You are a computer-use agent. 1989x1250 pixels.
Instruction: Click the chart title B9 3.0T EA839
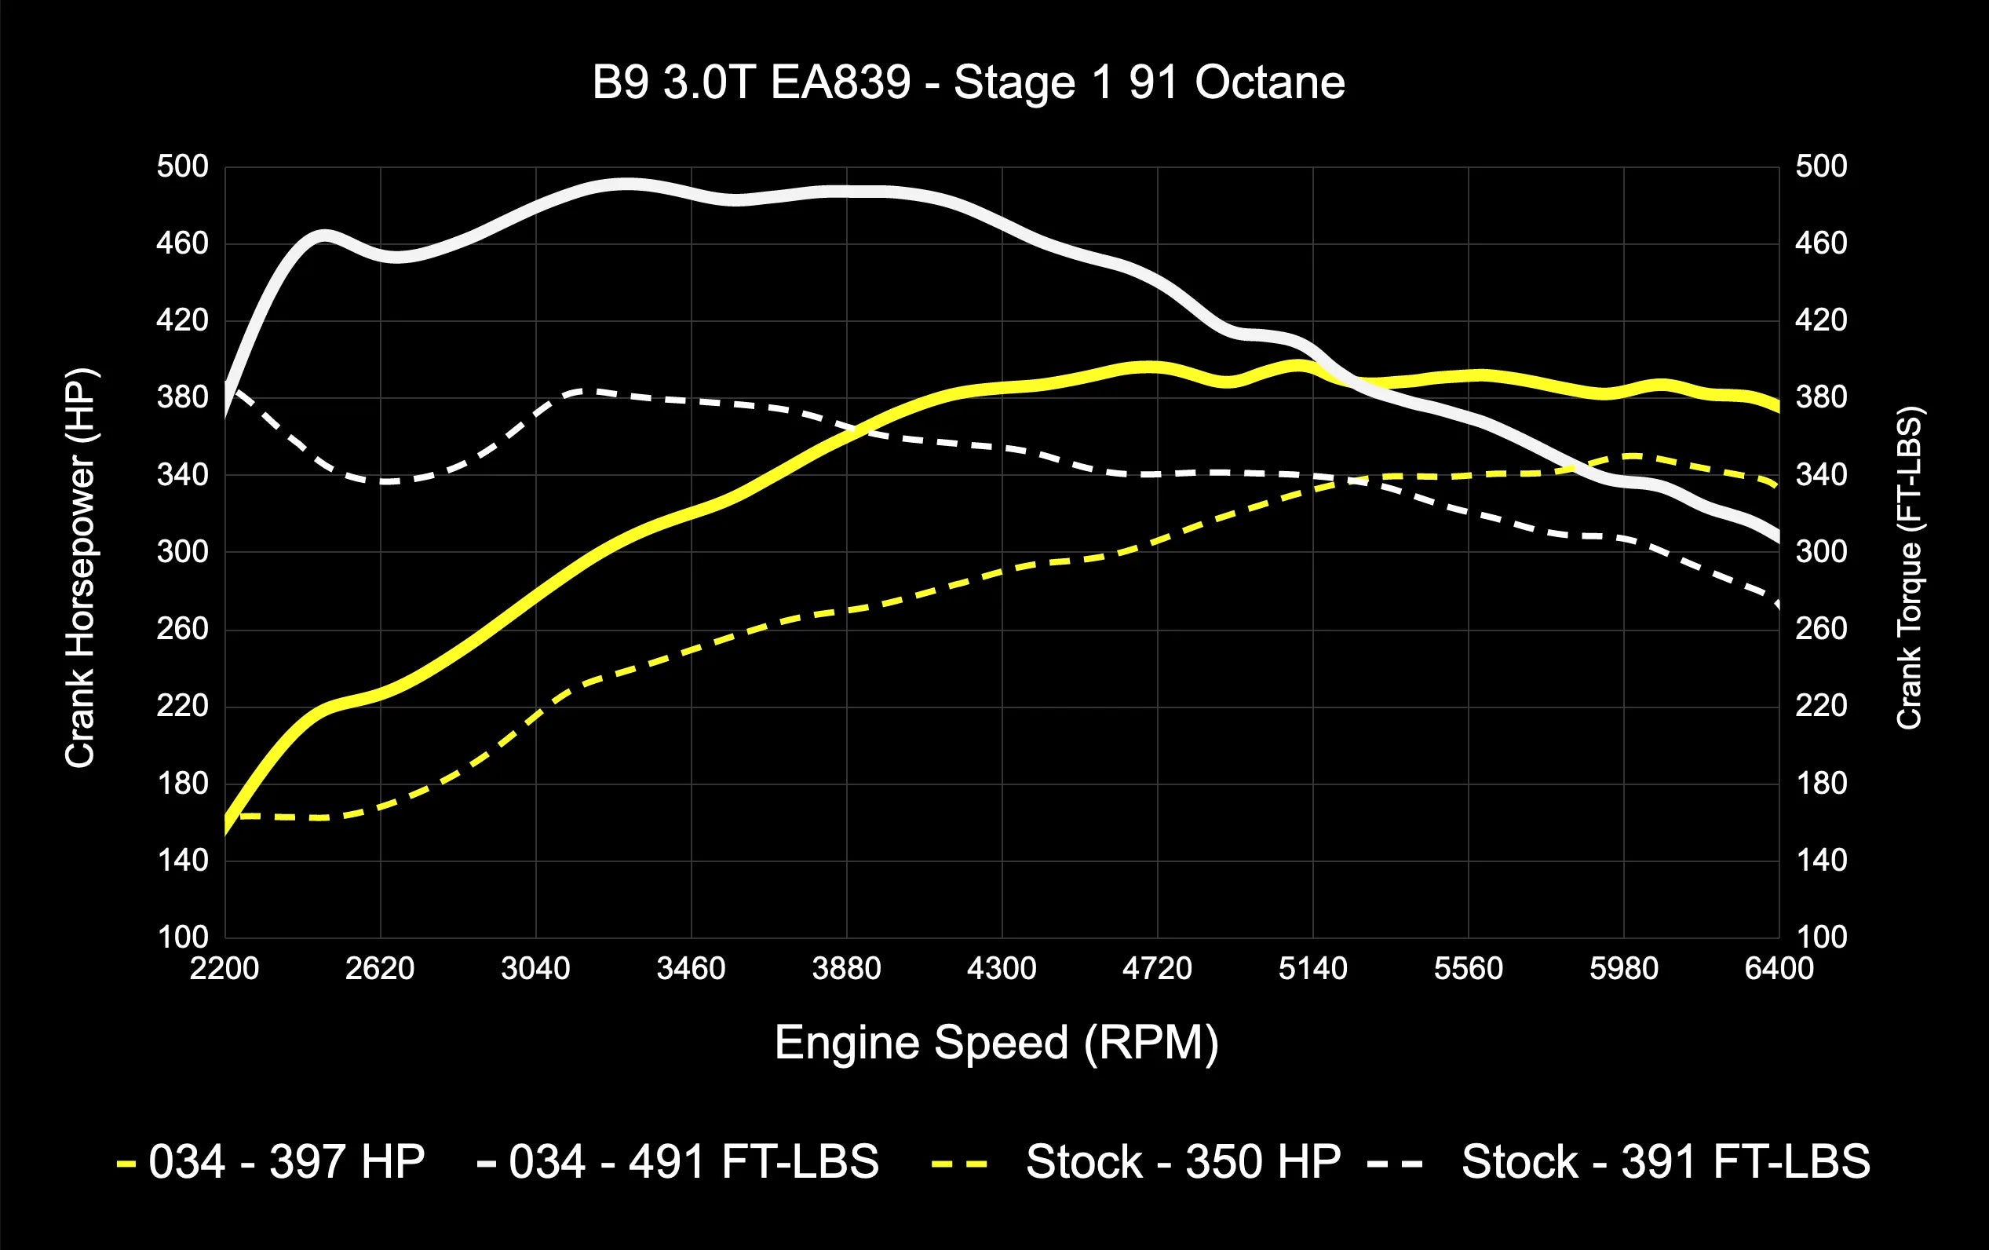pyautogui.click(x=968, y=82)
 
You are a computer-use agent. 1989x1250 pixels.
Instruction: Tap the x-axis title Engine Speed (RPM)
pyautogui.click(x=996, y=1043)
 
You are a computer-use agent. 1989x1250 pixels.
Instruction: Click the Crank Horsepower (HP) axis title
pyautogui.click(x=81, y=568)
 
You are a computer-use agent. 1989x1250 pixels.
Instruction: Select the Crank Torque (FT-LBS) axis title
pyautogui.click(x=1909, y=568)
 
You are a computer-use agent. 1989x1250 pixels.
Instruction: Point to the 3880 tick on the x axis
pyautogui.click(x=846, y=968)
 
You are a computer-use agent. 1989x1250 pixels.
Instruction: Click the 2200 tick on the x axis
pyautogui.click(x=224, y=968)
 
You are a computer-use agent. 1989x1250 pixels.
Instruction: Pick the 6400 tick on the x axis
pyautogui.click(x=1779, y=968)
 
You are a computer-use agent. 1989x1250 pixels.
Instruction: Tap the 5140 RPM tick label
pyautogui.click(x=1312, y=968)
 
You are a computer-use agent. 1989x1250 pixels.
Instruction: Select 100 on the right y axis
pyautogui.click(x=1820, y=937)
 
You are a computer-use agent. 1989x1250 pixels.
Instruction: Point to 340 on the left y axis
pyautogui.click(x=183, y=475)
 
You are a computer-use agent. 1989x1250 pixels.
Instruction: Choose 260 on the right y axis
pyautogui.click(x=1820, y=629)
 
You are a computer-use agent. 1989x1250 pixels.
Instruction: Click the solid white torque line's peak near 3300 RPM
pyautogui.click(x=628, y=185)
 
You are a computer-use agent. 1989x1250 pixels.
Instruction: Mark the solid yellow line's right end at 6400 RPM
pyautogui.click(x=1777, y=406)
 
